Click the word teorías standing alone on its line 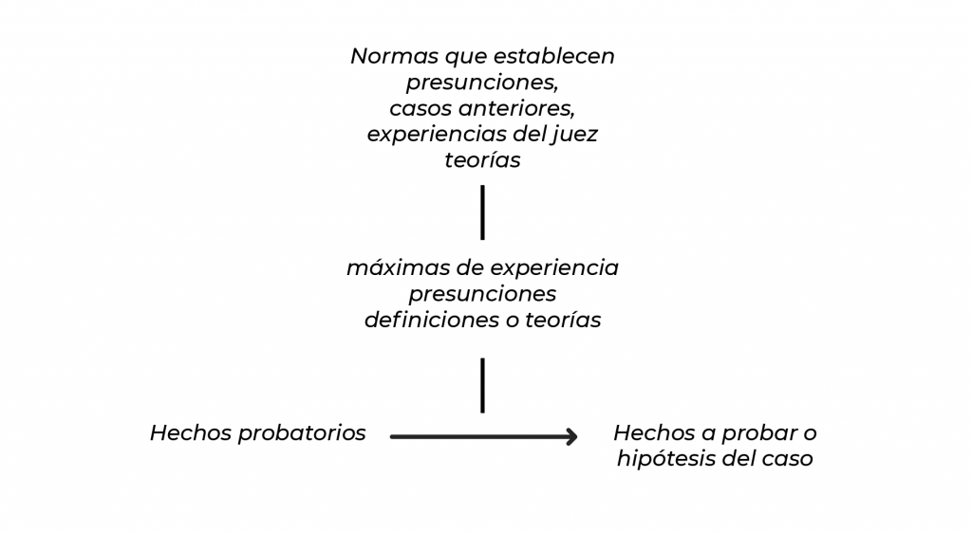482,160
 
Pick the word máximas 398,268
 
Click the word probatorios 302,433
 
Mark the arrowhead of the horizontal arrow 572,437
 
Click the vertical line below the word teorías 482,212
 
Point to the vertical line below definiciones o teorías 482,385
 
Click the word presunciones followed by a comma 482,83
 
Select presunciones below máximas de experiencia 482,294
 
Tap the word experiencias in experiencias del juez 430,135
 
